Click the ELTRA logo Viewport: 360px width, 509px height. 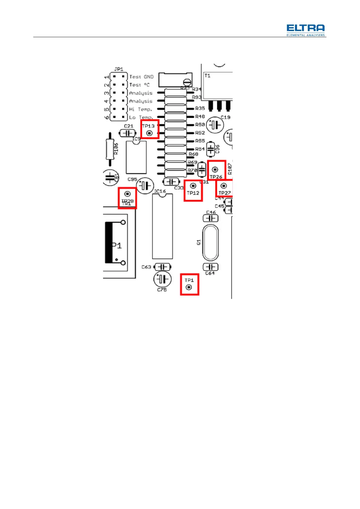pos(306,30)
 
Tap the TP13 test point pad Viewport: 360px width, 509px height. pos(149,133)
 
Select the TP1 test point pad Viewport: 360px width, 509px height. pos(189,287)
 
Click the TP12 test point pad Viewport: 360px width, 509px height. pos(193,186)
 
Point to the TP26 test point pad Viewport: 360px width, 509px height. pos(215,170)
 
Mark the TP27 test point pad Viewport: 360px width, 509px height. pos(224,186)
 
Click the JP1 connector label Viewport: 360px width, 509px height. pos(119,69)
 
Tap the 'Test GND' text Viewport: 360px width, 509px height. pos(141,77)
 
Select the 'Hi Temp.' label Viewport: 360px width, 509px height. pos(141,109)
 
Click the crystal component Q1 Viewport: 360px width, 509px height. pos(210,242)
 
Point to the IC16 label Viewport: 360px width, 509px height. pos(160,191)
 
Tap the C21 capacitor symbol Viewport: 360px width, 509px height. pos(128,133)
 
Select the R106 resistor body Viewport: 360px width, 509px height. pos(110,149)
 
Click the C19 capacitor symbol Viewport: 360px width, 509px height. pos(215,125)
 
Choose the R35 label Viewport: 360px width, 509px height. pos(200,108)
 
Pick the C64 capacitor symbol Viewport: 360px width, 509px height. pos(211,267)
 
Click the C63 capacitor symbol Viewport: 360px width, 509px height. pos(163,267)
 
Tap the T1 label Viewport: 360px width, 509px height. pos(207,76)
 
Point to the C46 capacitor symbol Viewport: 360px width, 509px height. pos(210,218)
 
